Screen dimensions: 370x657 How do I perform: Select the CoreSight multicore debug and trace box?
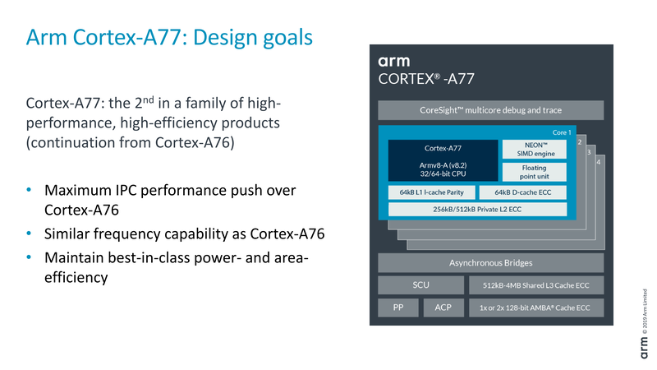490,110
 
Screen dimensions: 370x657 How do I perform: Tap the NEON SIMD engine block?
535,149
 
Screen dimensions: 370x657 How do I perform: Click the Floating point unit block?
535,171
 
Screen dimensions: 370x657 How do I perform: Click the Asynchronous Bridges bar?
490,263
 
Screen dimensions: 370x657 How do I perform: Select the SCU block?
420,285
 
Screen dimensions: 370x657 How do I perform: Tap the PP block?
397,308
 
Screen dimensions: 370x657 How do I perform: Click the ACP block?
443,308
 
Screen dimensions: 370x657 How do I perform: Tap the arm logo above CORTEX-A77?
394,61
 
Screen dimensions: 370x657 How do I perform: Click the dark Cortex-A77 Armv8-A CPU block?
443,160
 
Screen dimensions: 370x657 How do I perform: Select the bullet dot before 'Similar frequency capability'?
30,234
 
